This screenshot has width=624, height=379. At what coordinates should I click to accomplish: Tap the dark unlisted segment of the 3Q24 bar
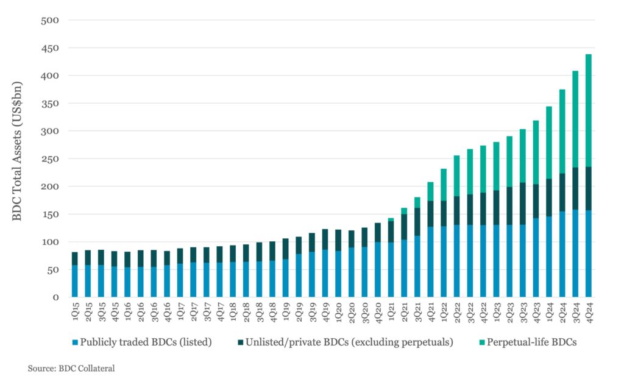(x=575, y=189)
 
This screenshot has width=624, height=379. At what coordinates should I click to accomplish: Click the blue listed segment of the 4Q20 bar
(x=377, y=269)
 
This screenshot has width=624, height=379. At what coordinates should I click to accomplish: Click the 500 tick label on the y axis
(x=50, y=20)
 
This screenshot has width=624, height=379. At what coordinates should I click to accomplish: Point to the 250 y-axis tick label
(x=50, y=158)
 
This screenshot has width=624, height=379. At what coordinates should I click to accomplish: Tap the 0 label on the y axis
(x=55, y=297)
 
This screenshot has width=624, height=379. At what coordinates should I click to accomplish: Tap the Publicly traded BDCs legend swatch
(x=74, y=342)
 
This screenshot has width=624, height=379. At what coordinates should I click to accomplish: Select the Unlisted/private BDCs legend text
(x=350, y=342)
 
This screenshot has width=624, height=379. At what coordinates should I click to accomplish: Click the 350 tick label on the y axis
(x=50, y=104)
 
